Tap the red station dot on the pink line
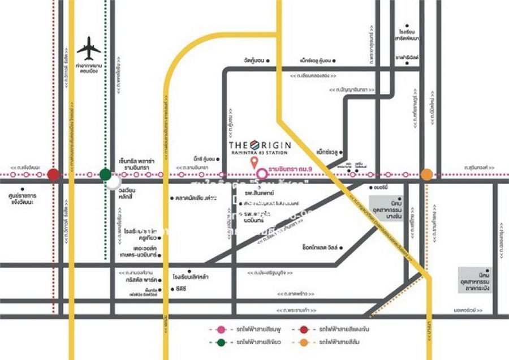click(53, 174)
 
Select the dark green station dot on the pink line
click(105, 174)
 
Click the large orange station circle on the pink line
click(426, 174)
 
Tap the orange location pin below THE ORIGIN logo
click(252, 164)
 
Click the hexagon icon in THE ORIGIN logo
click(254, 144)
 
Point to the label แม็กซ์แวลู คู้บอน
click(316, 60)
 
